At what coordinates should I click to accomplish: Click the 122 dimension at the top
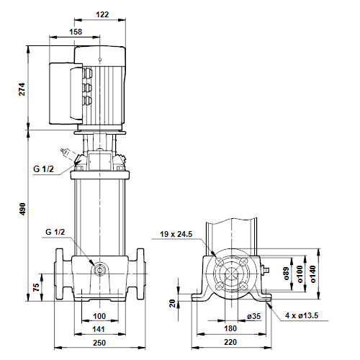[x=102, y=14]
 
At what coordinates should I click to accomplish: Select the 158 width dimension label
[x=76, y=32]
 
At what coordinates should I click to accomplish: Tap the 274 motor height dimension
[x=22, y=89]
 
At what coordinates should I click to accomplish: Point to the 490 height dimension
[x=22, y=209]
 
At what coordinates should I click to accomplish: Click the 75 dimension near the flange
[x=36, y=287]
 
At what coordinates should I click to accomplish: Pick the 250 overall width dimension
[x=99, y=343]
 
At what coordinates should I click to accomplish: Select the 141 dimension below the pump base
[x=99, y=329]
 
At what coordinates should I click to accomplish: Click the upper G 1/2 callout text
[x=43, y=169]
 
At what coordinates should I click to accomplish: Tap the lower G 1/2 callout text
[x=55, y=232]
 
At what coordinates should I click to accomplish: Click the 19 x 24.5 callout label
[x=176, y=234]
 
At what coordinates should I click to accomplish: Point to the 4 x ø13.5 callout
[x=302, y=315]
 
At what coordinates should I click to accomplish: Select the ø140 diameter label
[x=313, y=274]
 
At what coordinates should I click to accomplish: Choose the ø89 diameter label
[x=287, y=274]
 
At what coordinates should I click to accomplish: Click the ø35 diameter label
[x=254, y=316]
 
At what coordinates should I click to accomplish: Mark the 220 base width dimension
[x=230, y=342]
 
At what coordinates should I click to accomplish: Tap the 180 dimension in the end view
[x=230, y=328]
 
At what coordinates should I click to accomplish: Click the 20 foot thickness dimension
[x=173, y=303]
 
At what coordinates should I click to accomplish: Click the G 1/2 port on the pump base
[x=99, y=271]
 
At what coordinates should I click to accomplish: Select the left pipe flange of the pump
[x=59, y=274]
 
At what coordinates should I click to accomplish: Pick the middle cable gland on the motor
[x=87, y=88]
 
